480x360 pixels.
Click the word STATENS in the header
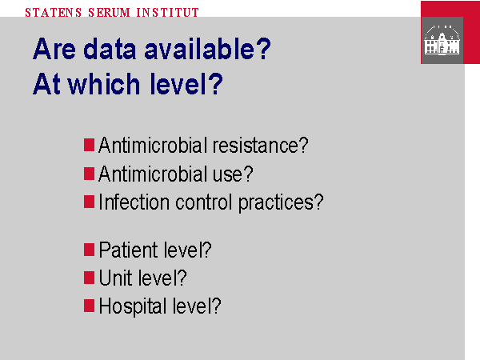pos(54,13)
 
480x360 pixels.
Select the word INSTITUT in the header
pos(168,13)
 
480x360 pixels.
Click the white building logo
pos(442,40)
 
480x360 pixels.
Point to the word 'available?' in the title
pos(207,48)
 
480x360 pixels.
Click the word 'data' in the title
pos(110,48)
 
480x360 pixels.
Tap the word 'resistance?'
pos(261,145)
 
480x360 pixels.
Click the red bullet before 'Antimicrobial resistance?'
pos(89,145)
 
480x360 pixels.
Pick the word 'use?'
pos(233,174)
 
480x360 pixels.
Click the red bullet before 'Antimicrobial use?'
pos(89,174)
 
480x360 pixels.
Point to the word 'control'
pos(203,202)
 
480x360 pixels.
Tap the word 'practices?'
pos(281,203)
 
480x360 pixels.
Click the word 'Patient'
pos(128,250)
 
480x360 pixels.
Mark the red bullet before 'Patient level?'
pos(89,250)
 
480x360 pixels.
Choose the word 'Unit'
pos(115,278)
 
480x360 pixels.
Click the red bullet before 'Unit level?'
pos(89,278)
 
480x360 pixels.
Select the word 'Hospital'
pos(133,306)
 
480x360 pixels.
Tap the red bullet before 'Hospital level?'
pos(89,306)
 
